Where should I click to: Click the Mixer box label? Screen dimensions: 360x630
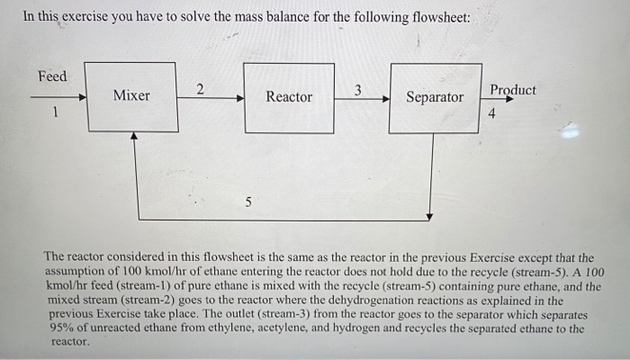[131, 95]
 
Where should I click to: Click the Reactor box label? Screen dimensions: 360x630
[289, 96]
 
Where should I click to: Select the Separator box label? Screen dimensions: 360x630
[435, 97]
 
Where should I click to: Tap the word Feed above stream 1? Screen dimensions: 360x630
[52, 76]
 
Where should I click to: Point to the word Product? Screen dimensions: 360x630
[513, 90]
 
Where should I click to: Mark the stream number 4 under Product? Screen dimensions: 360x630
[492, 114]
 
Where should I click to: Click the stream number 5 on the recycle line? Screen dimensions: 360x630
[248, 201]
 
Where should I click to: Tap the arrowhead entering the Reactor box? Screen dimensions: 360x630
[240, 98]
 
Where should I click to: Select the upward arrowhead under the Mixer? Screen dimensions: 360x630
[134, 138]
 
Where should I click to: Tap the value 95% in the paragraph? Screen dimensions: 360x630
[66, 328]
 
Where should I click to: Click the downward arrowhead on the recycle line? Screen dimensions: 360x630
[431, 215]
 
